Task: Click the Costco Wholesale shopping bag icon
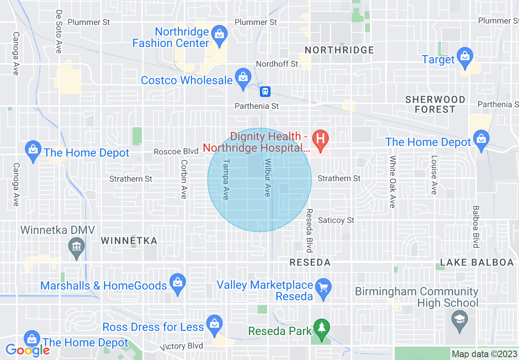[x=243, y=77]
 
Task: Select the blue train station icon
[x=265, y=91]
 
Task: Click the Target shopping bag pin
[x=465, y=56]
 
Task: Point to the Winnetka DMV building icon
[x=77, y=247]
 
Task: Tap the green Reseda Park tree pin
[x=322, y=328]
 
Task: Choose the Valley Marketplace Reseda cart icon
[x=324, y=287]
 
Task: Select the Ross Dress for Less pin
[x=214, y=324]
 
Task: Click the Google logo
[x=28, y=350]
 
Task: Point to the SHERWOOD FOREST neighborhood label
[x=435, y=104]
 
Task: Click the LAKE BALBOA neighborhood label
[x=477, y=262]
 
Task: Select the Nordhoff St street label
[x=277, y=64]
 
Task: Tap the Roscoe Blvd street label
[x=176, y=151]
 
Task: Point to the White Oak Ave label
[x=393, y=181]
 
